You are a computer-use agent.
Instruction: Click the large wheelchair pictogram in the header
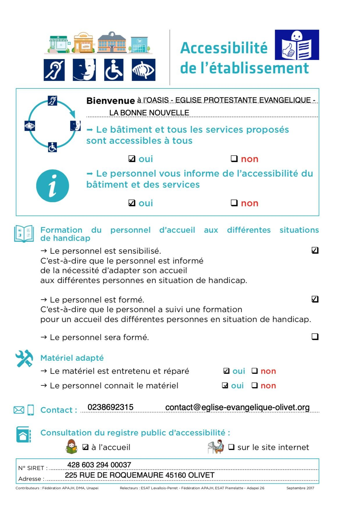click(113, 70)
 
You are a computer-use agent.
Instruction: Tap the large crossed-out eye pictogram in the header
click(143, 70)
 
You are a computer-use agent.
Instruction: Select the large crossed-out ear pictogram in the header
click(54, 70)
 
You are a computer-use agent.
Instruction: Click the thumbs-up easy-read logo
click(297, 45)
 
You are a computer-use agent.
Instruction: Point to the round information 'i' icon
click(53, 186)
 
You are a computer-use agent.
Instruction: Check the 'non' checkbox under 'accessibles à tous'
click(234, 159)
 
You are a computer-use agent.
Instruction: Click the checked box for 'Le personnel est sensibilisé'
click(315, 250)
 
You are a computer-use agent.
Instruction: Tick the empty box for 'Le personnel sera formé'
click(315, 337)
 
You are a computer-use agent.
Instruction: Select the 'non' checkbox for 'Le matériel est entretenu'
click(254, 371)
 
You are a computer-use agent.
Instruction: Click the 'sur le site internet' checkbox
click(231, 447)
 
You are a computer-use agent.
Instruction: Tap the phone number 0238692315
click(111, 407)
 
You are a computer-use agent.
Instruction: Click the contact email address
click(237, 407)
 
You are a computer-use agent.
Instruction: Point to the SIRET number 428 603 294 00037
click(99, 465)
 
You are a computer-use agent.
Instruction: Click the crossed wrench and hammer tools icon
click(24, 358)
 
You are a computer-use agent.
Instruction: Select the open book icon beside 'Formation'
click(24, 234)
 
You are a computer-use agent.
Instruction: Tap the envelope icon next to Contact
click(19, 410)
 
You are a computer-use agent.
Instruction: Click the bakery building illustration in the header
click(84, 43)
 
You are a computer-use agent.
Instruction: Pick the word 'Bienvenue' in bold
click(111, 101)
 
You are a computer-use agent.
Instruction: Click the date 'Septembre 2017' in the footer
click(300, 488)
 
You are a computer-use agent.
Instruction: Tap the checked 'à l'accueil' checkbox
click(85, 447)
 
